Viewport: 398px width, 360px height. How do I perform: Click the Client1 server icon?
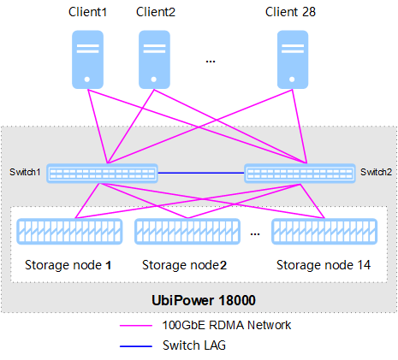[x=87, y=60]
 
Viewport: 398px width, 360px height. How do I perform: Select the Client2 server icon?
[x=154, y=60]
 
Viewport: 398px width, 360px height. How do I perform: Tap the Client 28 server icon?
[x=293, y=60]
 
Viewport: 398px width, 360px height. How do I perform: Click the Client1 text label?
[x=87, y=12]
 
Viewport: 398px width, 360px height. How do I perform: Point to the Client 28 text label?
[x=290, y=12]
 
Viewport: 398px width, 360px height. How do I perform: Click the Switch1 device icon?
[x=102, y=174]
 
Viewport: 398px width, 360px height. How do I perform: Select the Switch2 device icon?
[x=300, y=174]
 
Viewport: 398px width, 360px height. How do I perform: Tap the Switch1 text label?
[x=25, y=172]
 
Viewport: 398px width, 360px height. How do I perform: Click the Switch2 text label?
[x=376, y=172]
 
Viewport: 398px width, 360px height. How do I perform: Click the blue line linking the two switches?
[x=201, y=173]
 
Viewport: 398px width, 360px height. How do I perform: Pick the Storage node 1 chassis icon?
[x=69, y=232]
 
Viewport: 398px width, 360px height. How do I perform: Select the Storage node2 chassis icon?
[x=187, y=232]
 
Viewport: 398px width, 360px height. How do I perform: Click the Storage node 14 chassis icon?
[x=324, y=232]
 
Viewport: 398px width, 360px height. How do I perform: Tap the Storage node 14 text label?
[x=324, y=265]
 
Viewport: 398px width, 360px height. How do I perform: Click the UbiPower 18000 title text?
[x=204, y=300]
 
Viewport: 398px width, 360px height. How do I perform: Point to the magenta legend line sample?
[x=136, y=325]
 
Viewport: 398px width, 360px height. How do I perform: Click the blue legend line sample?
[x=136, y=346]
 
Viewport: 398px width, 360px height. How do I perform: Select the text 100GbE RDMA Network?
[x=227, y=325]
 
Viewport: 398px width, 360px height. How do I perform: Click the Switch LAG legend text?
[x=194, y=345]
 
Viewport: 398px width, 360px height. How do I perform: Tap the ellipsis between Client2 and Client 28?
[x=211, y=62]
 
